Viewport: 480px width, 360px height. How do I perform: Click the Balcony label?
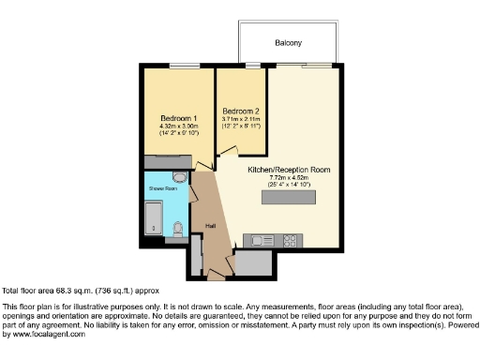coord(289,43)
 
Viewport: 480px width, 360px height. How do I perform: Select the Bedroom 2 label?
coord(241,112)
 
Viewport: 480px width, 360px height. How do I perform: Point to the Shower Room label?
coord(162,188)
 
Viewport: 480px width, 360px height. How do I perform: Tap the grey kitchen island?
coord(288,197)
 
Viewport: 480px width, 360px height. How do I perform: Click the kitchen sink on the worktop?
coord(257,242)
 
